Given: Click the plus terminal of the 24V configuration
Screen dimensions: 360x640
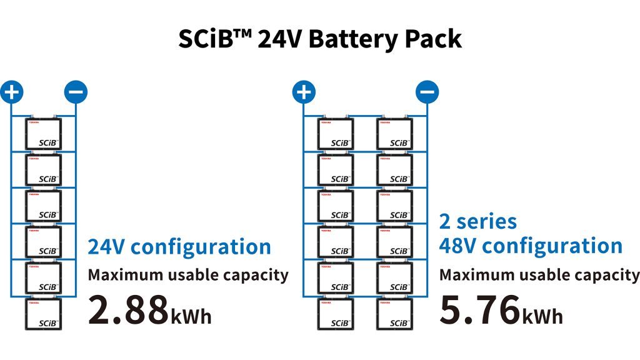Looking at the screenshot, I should click(11, 92).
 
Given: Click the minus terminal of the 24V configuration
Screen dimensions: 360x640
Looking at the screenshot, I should click(76, 92).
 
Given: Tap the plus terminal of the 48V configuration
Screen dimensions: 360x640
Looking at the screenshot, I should click(304, 92).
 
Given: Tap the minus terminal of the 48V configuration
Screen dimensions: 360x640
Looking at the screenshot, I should click(427, 92).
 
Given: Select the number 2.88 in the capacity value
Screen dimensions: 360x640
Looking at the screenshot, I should click(127, 309).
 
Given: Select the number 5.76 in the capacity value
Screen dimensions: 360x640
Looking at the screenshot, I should click(479, 309).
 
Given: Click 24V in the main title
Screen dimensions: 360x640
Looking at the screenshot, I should click(279, 39).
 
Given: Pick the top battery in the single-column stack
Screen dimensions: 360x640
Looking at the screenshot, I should click(43, 133).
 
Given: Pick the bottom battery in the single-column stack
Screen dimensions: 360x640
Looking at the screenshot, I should click(43, 314).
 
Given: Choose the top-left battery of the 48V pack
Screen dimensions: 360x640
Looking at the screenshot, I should click(336, 133).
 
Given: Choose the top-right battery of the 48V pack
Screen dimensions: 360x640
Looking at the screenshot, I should click(394, 133).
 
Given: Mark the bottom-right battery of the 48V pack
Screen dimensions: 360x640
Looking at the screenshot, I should click(394, 314).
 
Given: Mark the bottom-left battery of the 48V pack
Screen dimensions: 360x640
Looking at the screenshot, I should click(336, 314).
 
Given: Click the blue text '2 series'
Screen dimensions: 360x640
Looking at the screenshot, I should click(478, 221).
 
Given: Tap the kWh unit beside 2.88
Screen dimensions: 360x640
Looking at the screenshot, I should click(191, 316).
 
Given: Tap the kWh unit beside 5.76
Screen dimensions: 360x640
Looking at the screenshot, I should click(542, 316).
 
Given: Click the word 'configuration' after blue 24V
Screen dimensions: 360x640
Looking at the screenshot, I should click(201, 247).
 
